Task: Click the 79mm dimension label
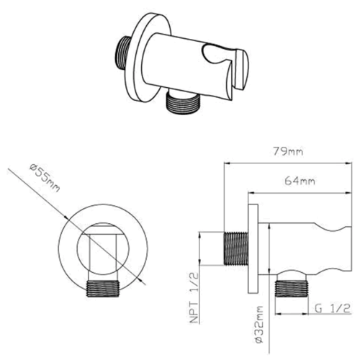coord(288,151)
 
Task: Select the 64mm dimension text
coord(300,181)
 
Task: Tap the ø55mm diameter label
coord(45,177)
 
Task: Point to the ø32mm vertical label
coord(258,325)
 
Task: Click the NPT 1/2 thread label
coord(194,297)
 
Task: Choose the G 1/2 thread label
coord(333,308)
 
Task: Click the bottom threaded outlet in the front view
coord(103,289)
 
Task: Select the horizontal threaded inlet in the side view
coord(236,248)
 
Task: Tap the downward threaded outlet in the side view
coord(292,288)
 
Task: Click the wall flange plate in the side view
coord(253,248)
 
